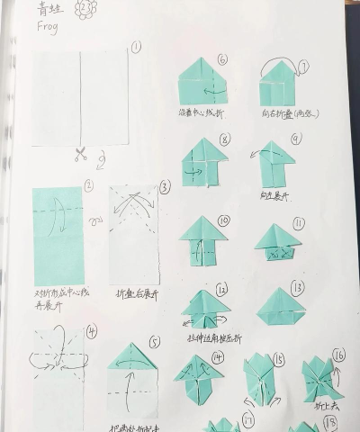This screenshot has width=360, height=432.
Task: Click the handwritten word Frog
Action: tap(49, 28)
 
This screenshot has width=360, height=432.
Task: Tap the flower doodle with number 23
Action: tap(85, 10)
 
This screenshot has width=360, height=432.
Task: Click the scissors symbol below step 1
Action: tap(80, 154)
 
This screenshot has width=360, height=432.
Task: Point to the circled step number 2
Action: tap(88, 186)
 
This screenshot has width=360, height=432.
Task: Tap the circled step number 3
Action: tap(165, 187)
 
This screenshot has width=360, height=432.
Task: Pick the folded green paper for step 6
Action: tap(202, 82)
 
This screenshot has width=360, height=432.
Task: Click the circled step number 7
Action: tap(303, 67)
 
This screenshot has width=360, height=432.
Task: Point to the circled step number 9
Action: tap(295, 138)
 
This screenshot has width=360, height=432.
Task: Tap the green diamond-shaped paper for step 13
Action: tap(281, 306)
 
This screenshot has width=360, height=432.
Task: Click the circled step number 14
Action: tap(217, 357)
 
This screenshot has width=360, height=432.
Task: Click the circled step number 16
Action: tap(338, 355)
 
